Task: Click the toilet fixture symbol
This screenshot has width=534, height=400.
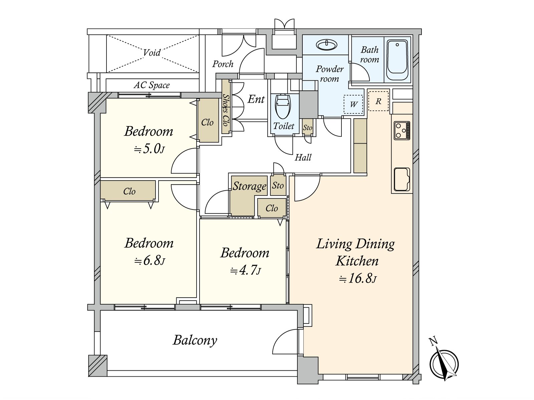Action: click(283, 106)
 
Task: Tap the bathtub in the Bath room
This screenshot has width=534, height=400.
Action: click(397, 60)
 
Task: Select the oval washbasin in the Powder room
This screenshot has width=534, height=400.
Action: click(326, 45)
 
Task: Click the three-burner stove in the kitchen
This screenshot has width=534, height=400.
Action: click(402, 130)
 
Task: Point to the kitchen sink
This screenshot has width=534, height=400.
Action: click(402, 179)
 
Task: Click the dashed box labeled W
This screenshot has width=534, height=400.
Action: click(353, 104)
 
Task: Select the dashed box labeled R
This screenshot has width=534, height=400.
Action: click(378, 101)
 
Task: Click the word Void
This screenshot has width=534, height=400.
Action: click(152, 53)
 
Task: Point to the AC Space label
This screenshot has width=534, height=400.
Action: click(152, 85)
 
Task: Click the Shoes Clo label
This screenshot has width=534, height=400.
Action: click(226, 110)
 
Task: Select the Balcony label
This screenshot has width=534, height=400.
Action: click(195, 340)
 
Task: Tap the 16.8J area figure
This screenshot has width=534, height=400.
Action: click(358, 279)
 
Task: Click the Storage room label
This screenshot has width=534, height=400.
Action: click(249, 186)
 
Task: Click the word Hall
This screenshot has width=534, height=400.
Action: click(303, 158)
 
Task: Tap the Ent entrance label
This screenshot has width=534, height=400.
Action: click(256, 99)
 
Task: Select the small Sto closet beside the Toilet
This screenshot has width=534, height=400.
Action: click(307, 127)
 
